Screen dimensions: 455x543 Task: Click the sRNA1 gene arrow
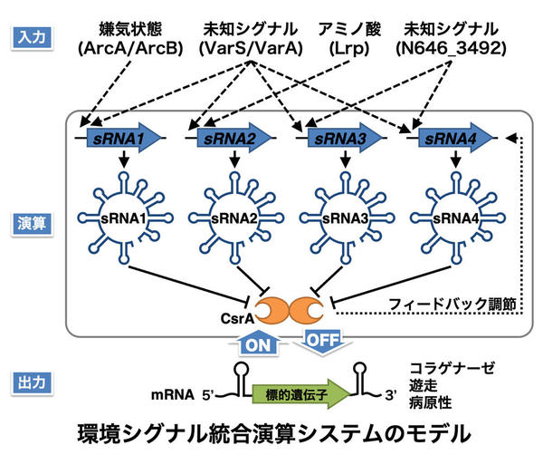point(127,137)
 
